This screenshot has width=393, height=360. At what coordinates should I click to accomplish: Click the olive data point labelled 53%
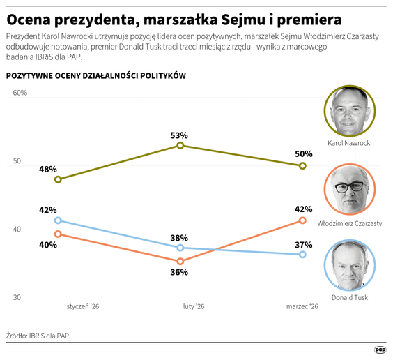pyautogui.click(x=180, y=145)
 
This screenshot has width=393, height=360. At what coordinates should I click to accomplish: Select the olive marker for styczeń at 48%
pyautogui.click(x=58, y=179)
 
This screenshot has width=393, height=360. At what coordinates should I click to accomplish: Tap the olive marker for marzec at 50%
pyautogui.click(x=302, y=165)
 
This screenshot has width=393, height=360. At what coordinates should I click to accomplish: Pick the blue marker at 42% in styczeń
pyautogui.click(x=58, y=220)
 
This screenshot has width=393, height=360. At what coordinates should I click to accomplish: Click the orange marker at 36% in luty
pyautogui.click(x=180, y=261)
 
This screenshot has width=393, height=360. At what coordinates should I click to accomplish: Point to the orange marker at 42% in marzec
pyautogui.click(x=302, y=220)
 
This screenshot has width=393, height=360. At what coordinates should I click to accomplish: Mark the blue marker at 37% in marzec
pyautogui.click(x=302, y=255)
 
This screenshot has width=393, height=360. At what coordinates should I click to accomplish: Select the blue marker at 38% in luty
pyautogui.click(x=180, y=248)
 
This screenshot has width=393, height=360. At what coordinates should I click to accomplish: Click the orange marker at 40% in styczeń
pyautogui.click(x=58, y=234)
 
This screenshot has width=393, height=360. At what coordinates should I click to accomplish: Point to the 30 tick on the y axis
pyautogui.click(x=18, y=298)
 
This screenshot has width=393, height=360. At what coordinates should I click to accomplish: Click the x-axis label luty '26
pyautogui.click(x=193, y=306)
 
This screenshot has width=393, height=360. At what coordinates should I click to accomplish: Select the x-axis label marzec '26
pyautogui.click(x=302, y=306)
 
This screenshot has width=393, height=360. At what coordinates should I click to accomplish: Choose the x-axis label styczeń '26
pyautogui.click(x=82, y=306)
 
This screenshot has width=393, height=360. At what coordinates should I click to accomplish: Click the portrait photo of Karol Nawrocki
pyautogui.click(x=350, y=111)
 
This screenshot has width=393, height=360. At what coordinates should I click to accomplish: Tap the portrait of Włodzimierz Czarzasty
pyautogui.click(x=350, y=190)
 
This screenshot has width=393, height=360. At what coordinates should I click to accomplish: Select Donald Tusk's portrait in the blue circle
pyautogui.click(x=350, y=265)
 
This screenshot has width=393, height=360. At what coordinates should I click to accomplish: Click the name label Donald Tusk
pyautogui.click(x=350, y=297)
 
